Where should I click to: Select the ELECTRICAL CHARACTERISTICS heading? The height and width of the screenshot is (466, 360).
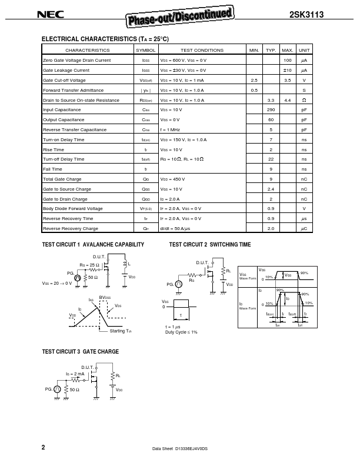pos(105,39)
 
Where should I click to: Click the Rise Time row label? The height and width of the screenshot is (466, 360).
pos(54,149)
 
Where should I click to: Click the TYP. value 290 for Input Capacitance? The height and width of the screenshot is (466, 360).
pos(271,110)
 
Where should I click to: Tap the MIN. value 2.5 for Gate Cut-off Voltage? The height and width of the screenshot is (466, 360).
pos(254,80)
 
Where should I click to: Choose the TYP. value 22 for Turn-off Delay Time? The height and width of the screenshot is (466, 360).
pos(271,159)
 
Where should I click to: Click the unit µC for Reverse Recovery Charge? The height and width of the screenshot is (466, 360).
pos(304,228)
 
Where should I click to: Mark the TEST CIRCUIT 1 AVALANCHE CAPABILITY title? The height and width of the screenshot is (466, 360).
pos(93,244)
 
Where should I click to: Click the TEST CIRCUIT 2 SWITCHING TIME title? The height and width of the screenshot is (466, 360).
pos(209,244)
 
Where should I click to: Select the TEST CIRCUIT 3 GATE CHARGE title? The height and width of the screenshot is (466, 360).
pos(80,352)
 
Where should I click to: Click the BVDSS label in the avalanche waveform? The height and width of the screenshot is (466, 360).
pos(105,298)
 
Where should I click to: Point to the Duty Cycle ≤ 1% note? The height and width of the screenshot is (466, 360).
pos(181,332)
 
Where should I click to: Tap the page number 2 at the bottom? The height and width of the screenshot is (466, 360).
pos(43,448)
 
